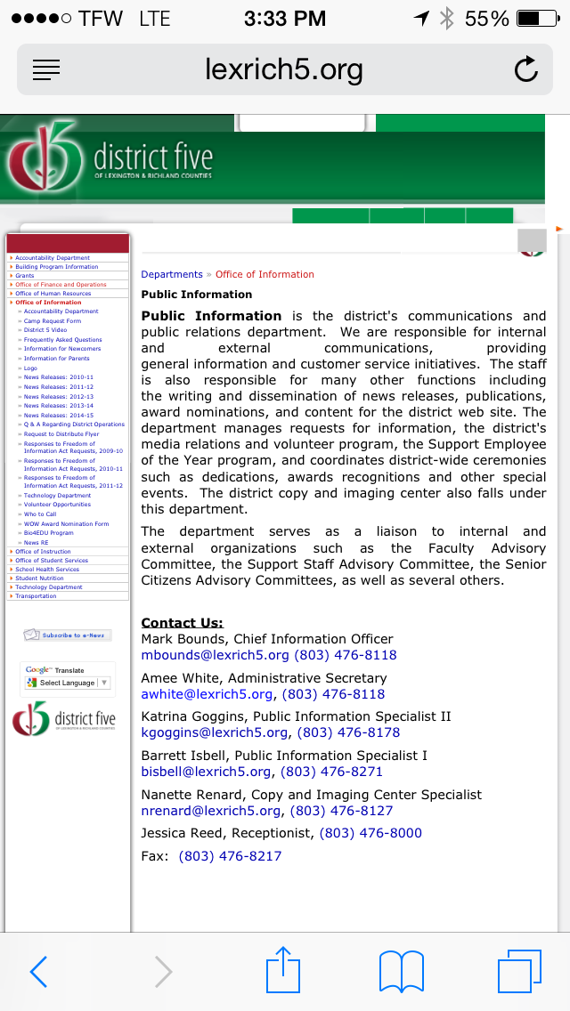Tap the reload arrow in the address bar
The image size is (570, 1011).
(x=526, y=69)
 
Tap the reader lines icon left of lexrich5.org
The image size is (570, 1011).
(x=45, y=69)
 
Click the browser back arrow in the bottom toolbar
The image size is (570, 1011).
(x=38, y=972)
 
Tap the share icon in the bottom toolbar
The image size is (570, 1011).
(x=282, y=970)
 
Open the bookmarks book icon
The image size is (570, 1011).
(x=401, y=971)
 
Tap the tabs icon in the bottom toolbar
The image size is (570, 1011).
(x=518, y=971)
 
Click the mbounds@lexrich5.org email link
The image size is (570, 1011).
(x=215, y=655)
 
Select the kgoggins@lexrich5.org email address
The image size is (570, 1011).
(x=215, y=732)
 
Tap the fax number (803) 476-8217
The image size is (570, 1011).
(x=230, y=856)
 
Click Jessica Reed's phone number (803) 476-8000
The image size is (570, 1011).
(x=370, y=833)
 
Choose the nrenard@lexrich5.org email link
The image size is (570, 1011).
(x=210, y=811)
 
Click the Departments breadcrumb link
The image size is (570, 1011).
(x=172, y=274)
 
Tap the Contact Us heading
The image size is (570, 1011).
(x=182, y=623)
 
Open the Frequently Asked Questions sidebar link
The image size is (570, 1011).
(x=62, y=340)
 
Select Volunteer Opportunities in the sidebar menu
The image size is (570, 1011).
(x=57, y=505)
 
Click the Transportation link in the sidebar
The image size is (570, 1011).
(x=36, y=596)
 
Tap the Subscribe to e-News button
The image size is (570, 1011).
(x=68, y=635)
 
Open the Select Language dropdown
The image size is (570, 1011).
(x=68, y=683)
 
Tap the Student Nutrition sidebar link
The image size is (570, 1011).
(x=39, y=578)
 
